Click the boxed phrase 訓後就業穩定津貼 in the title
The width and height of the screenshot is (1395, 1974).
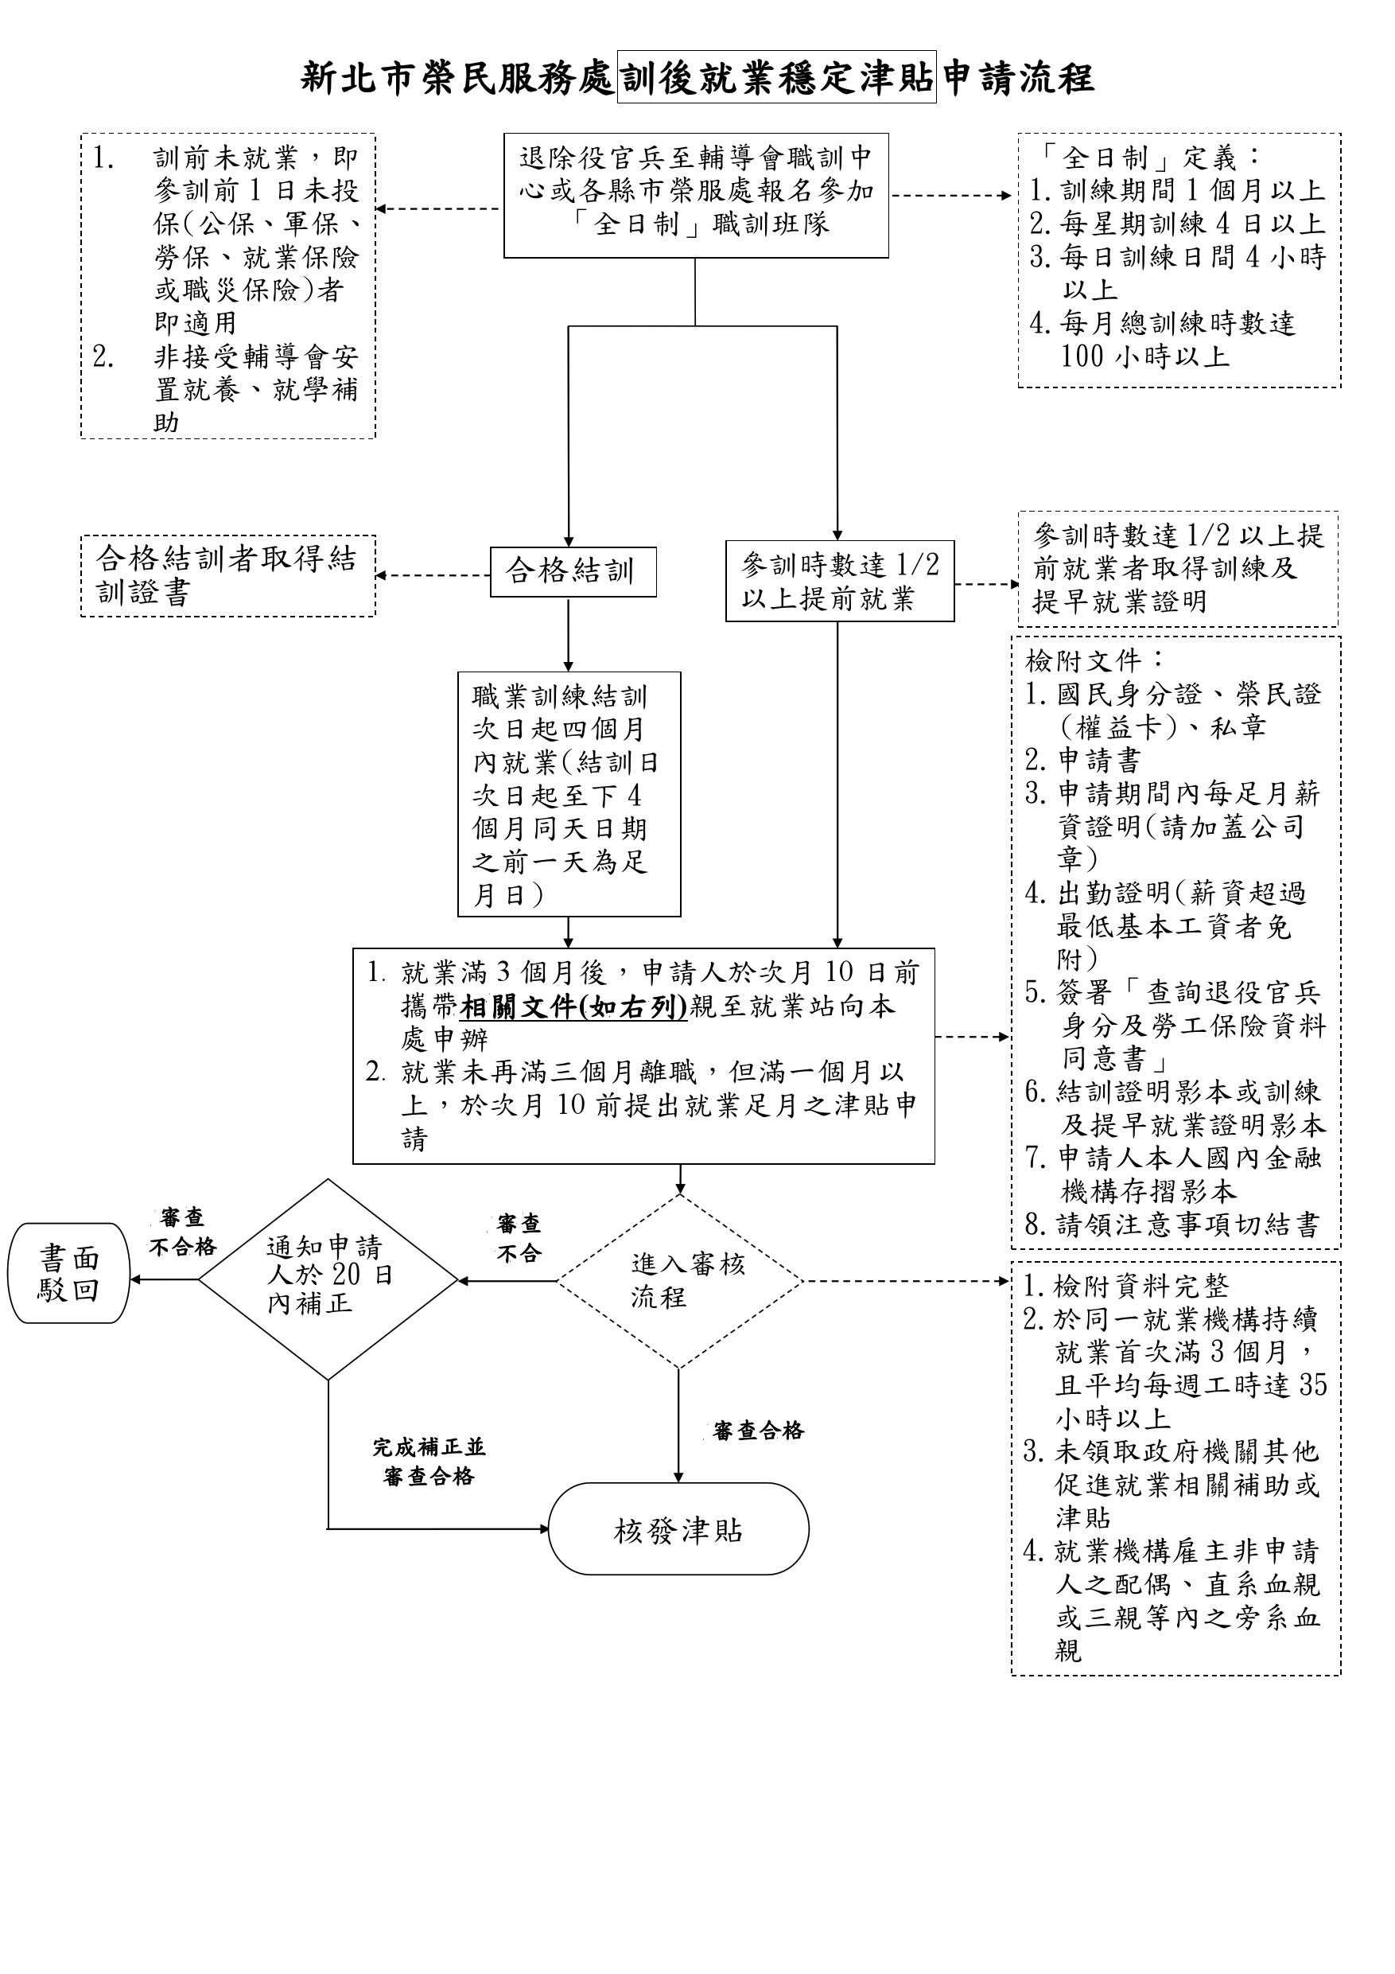(x=776, y=77)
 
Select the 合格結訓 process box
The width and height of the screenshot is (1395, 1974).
(x=573, y=572)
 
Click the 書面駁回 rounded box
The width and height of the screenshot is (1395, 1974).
(x=68, y=1273)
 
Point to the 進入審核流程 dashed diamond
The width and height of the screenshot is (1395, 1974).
(x=679, y=1281)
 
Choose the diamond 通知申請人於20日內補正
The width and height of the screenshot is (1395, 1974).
(x=328, y=1277)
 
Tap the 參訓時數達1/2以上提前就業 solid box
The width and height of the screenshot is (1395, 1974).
(x=839, y=581)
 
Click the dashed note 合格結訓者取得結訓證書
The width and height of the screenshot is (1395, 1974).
(x=227, y=575)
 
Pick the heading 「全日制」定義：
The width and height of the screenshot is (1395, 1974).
(x=1150, y=158)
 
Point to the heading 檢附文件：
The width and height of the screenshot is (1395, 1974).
(x=1095, y=661)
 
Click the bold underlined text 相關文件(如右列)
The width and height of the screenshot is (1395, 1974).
(x=573, y=1006)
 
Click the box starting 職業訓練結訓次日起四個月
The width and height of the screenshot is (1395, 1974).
(x=568, y=794)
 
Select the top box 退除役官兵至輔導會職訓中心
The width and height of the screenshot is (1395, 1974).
(x=695, y=195)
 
